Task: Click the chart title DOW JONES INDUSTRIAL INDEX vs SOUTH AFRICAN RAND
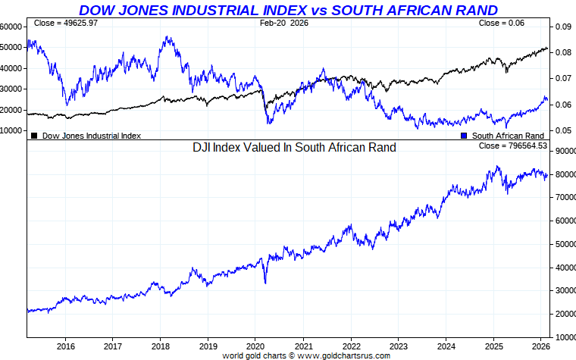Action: pyautogui.click(x=289, y=10)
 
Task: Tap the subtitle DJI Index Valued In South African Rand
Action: pyautogui.click(x=294, y=147)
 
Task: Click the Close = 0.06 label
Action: pyautogui.click(x=501, y=23)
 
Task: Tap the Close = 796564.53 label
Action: pyautogui.click(x=513, y=145)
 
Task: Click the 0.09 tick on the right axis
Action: pyautogui.click(x=562, y=27)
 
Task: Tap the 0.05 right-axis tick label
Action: pyautogui.click(x=562, y=130)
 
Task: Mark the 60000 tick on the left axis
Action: pyautogui.click(x=11, y=26)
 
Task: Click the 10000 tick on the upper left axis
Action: pyautogui.click(x=11, y=130)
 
